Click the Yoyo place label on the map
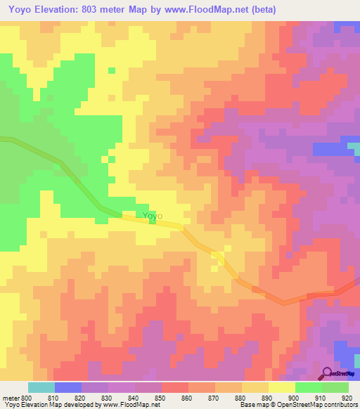(x=153, y=216)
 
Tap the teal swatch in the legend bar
(x=41, y=387)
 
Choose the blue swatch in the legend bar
(x=67, y=387)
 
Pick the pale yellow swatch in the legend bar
(x=281, y=387)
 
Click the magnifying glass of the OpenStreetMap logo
(x=326, y=374)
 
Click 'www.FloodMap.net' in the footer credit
(x=130, y=405)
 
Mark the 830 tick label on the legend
(x=108, y=398)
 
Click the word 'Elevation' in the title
(x=59, y=10)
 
